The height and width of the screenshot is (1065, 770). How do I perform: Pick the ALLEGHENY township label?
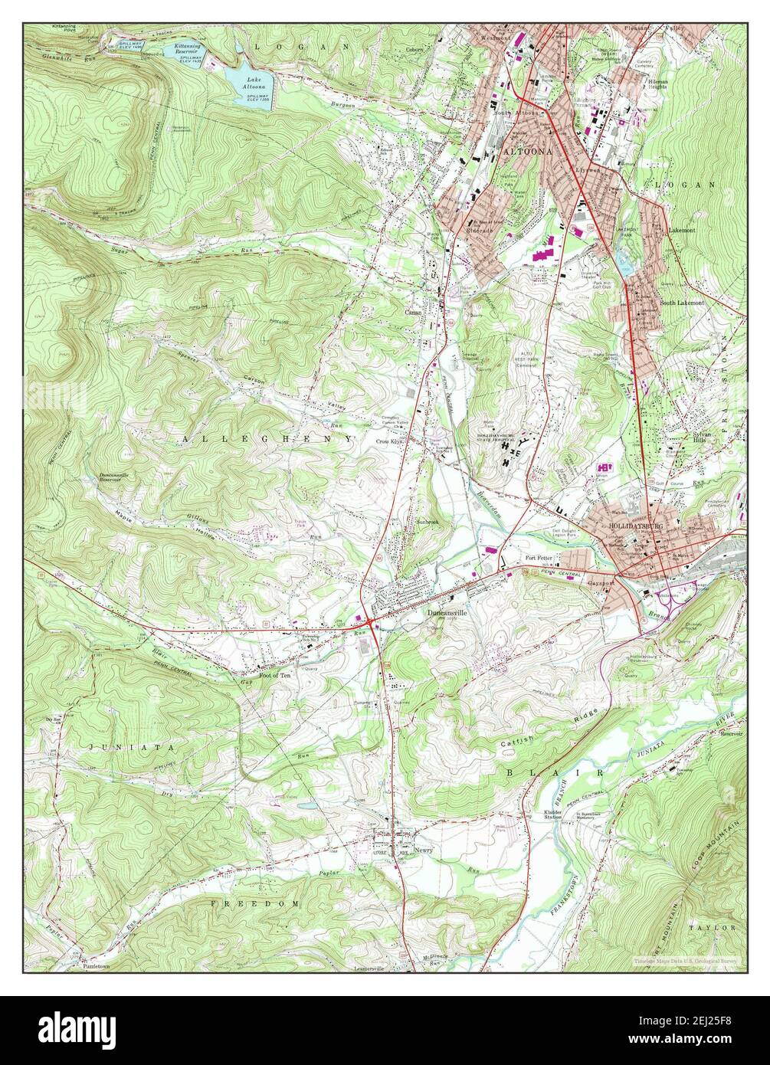coord(267,439)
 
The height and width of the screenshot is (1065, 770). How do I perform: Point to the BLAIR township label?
coord(556,773)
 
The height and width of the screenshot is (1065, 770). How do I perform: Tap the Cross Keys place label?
coord(389,442)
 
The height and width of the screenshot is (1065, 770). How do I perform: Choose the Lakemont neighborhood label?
coord(680,229)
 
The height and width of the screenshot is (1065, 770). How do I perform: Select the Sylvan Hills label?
coord(680,435)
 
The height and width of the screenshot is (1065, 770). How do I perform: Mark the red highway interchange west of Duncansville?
coord(371,623)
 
